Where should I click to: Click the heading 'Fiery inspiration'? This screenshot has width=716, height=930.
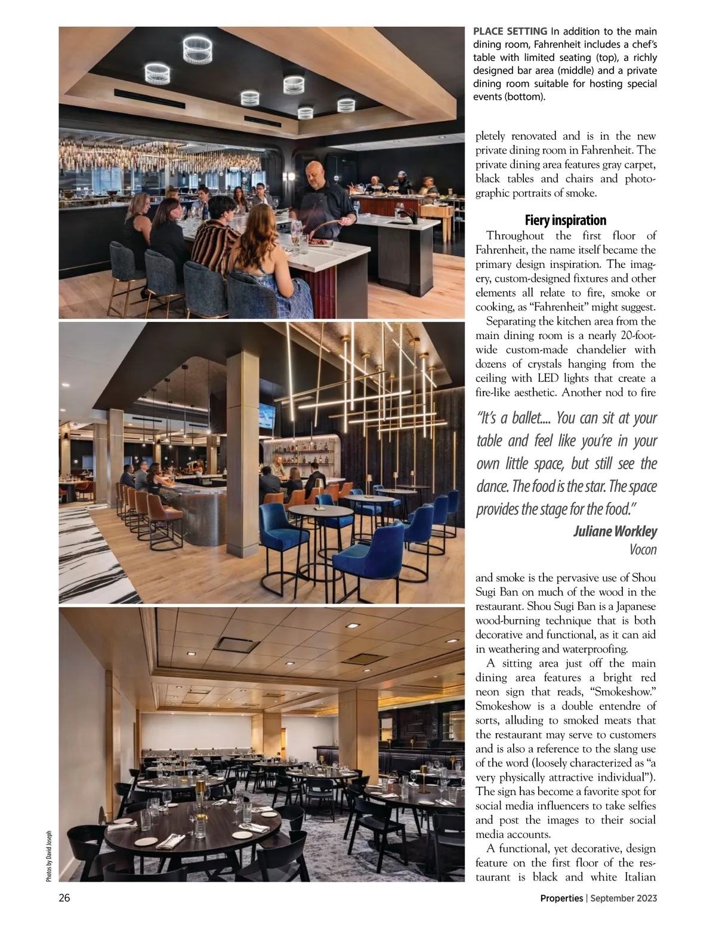(565, 220)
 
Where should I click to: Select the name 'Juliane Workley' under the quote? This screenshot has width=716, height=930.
(615, 531)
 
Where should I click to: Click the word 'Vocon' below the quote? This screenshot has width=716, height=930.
(643, 550)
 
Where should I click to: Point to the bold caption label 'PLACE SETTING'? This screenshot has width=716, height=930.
(510, 31)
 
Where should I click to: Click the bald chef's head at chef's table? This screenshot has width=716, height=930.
(314, 170)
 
